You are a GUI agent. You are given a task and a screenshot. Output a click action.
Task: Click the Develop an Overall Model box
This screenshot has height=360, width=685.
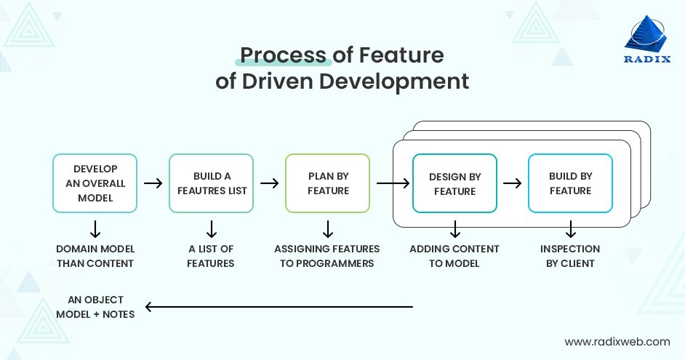[95, 183]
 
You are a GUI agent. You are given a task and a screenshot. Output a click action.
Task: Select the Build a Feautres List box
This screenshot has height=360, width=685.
[211, 183]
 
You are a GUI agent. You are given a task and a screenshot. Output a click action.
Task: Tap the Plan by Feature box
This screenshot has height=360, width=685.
[328, 183]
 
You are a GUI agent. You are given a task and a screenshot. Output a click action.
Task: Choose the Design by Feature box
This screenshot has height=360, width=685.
[454, 183]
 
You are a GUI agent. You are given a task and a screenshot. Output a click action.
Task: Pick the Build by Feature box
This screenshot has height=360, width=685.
[570, 183]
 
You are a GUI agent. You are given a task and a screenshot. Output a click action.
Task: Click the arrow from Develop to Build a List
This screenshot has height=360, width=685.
[153, 183]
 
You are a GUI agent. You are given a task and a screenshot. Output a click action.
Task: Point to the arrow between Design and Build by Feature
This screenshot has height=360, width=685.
[513, 183]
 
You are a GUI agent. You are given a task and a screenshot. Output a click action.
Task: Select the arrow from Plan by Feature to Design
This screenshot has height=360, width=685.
[393, 183]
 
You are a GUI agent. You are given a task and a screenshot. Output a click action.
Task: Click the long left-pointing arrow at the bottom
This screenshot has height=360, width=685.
[279, 307]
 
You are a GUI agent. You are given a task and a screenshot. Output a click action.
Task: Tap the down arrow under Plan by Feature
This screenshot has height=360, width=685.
[328, 230]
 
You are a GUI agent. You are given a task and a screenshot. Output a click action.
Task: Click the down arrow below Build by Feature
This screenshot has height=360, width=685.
[570, 230]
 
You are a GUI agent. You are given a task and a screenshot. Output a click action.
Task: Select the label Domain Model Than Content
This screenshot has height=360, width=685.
[95, 256]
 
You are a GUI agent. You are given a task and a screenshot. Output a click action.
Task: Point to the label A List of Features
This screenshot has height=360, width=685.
[211, 256]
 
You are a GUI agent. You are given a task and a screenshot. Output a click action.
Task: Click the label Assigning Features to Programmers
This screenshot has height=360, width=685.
[327, 256]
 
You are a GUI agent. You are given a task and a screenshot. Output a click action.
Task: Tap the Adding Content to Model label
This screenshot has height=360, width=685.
[454, 256]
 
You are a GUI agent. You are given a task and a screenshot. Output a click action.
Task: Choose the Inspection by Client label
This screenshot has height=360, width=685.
[570, 256]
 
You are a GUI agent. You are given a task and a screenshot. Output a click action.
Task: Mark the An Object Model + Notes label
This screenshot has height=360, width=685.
[95, 307]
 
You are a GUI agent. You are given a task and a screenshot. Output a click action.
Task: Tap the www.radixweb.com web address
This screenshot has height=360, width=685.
[617, 341]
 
